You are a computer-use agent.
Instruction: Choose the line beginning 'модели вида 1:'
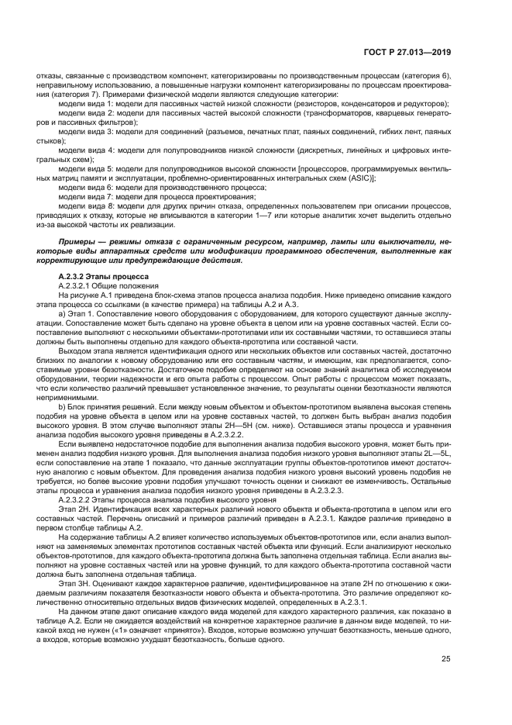click(x=87, y=103)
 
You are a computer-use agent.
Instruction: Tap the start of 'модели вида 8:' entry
click(x=87, y=205)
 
